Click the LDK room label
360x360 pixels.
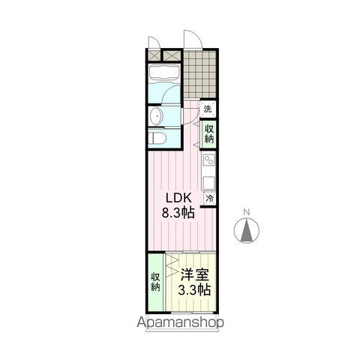pyautogui.click(x=180, y=199)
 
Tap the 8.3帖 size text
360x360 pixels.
pyautogui.click(x=180, y=213)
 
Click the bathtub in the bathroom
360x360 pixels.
pyautogui.click(x=162, y=73)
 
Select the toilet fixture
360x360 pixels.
pyautogui.click(x=156, y=138)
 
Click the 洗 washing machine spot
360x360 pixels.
pyautogui.click(x=208, y=109)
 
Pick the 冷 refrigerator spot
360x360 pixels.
pyautogui.click(x=211, y=198)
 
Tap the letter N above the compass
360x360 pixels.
pyautogui.click(x=247, y=212)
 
